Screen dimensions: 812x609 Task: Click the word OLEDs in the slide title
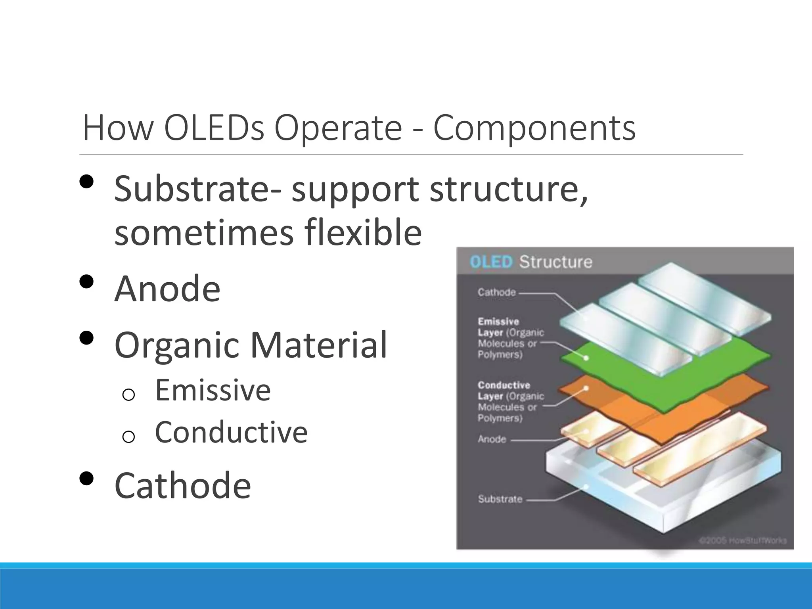tap(214, 128)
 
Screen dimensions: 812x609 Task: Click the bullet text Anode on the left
tap(167, 289)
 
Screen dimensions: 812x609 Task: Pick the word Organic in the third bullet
tap(177, 346)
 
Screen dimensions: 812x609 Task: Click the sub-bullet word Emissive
tap(213, 390)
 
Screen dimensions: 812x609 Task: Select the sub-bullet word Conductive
tap(231, 432)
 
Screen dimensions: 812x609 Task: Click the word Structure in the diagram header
tap(555, 262)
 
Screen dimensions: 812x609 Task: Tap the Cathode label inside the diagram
tap(496, 293)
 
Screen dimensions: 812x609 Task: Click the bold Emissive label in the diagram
tap(498, 322)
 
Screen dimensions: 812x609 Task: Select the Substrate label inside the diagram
tap(500, 499)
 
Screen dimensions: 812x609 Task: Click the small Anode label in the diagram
tap(492, 439)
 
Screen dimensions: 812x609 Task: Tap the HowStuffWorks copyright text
tap(742, 540)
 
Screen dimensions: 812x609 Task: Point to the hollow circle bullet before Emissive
tap(128, 395)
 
